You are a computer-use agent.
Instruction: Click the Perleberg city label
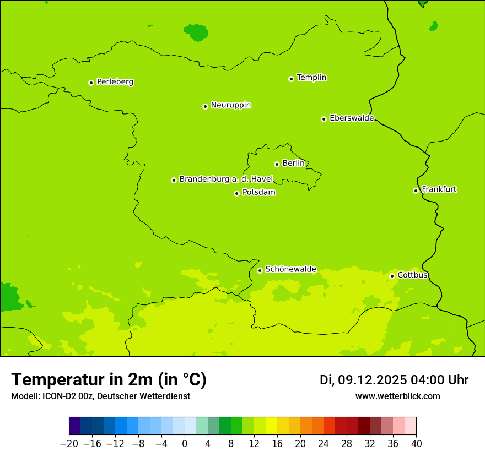pos(115,82)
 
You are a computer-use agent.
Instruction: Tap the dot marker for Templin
pos(291,79)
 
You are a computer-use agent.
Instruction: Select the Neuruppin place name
pos(230,105)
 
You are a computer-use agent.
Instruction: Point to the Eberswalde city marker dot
pos(324,119)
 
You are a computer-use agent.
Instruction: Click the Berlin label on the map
pos(293,164)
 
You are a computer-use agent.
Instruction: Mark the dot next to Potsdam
pos(236,193)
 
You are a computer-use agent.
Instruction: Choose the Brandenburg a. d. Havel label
pos(226,179)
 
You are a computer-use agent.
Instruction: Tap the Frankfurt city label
pos(439,189)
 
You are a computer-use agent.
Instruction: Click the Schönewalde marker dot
pos(260,270)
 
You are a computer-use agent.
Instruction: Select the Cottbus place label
pos(412,275)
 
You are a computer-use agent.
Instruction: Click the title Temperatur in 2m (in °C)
pos(109,380)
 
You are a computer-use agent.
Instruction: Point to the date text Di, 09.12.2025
pos(363,380)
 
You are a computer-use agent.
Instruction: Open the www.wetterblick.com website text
pos(397,396)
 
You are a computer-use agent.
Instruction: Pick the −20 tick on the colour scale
pos(69,443)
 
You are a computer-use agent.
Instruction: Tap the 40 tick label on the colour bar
pos(416,443)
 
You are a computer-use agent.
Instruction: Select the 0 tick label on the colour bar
pos(185,443)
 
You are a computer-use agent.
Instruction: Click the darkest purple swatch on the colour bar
pos(74,426)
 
